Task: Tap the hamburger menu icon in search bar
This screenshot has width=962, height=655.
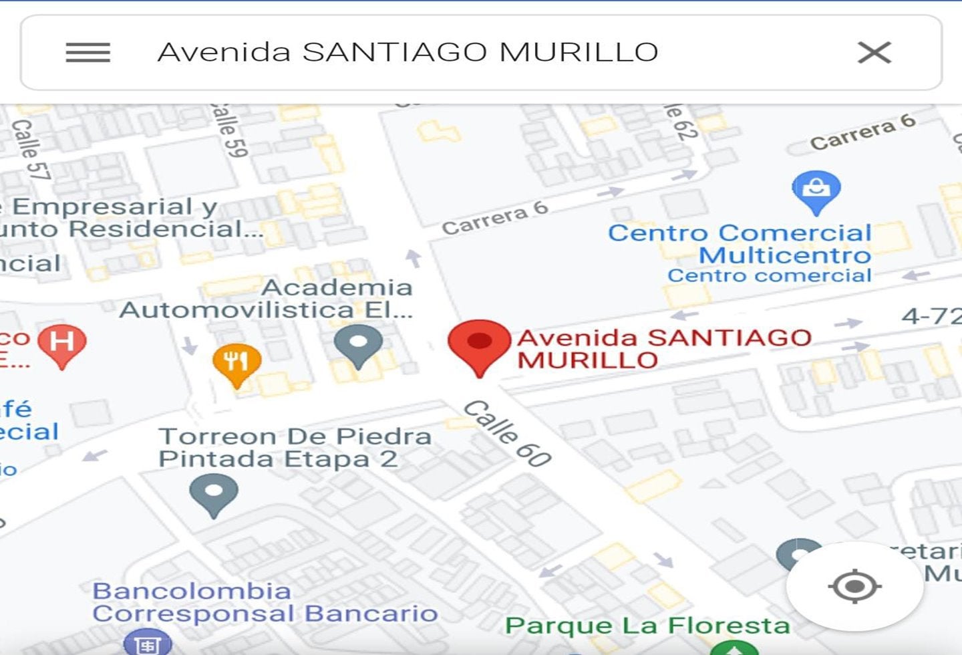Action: (88, 52)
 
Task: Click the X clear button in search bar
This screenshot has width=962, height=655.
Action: (874, 52)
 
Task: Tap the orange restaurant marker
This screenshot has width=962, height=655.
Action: (236, 364)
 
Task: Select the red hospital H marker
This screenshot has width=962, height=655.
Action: (61, 344)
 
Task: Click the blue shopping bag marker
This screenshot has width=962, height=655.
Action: (816, 190)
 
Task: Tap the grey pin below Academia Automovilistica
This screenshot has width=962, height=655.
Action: (358, 345)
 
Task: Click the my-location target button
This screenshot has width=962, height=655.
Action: (854, 586)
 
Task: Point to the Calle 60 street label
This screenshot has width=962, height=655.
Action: (508, 432)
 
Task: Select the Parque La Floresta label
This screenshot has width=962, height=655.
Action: (647, 626)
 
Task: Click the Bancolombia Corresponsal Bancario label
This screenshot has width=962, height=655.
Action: (265, 602)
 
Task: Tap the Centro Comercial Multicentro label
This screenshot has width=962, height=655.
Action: (740, 244)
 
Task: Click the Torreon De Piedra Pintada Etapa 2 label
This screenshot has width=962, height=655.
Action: (294, 447)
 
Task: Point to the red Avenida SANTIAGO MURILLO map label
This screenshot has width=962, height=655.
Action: (663, 348)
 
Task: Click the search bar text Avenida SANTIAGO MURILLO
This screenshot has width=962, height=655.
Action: (408, 52)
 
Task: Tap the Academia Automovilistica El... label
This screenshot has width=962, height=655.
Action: (267, 298)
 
